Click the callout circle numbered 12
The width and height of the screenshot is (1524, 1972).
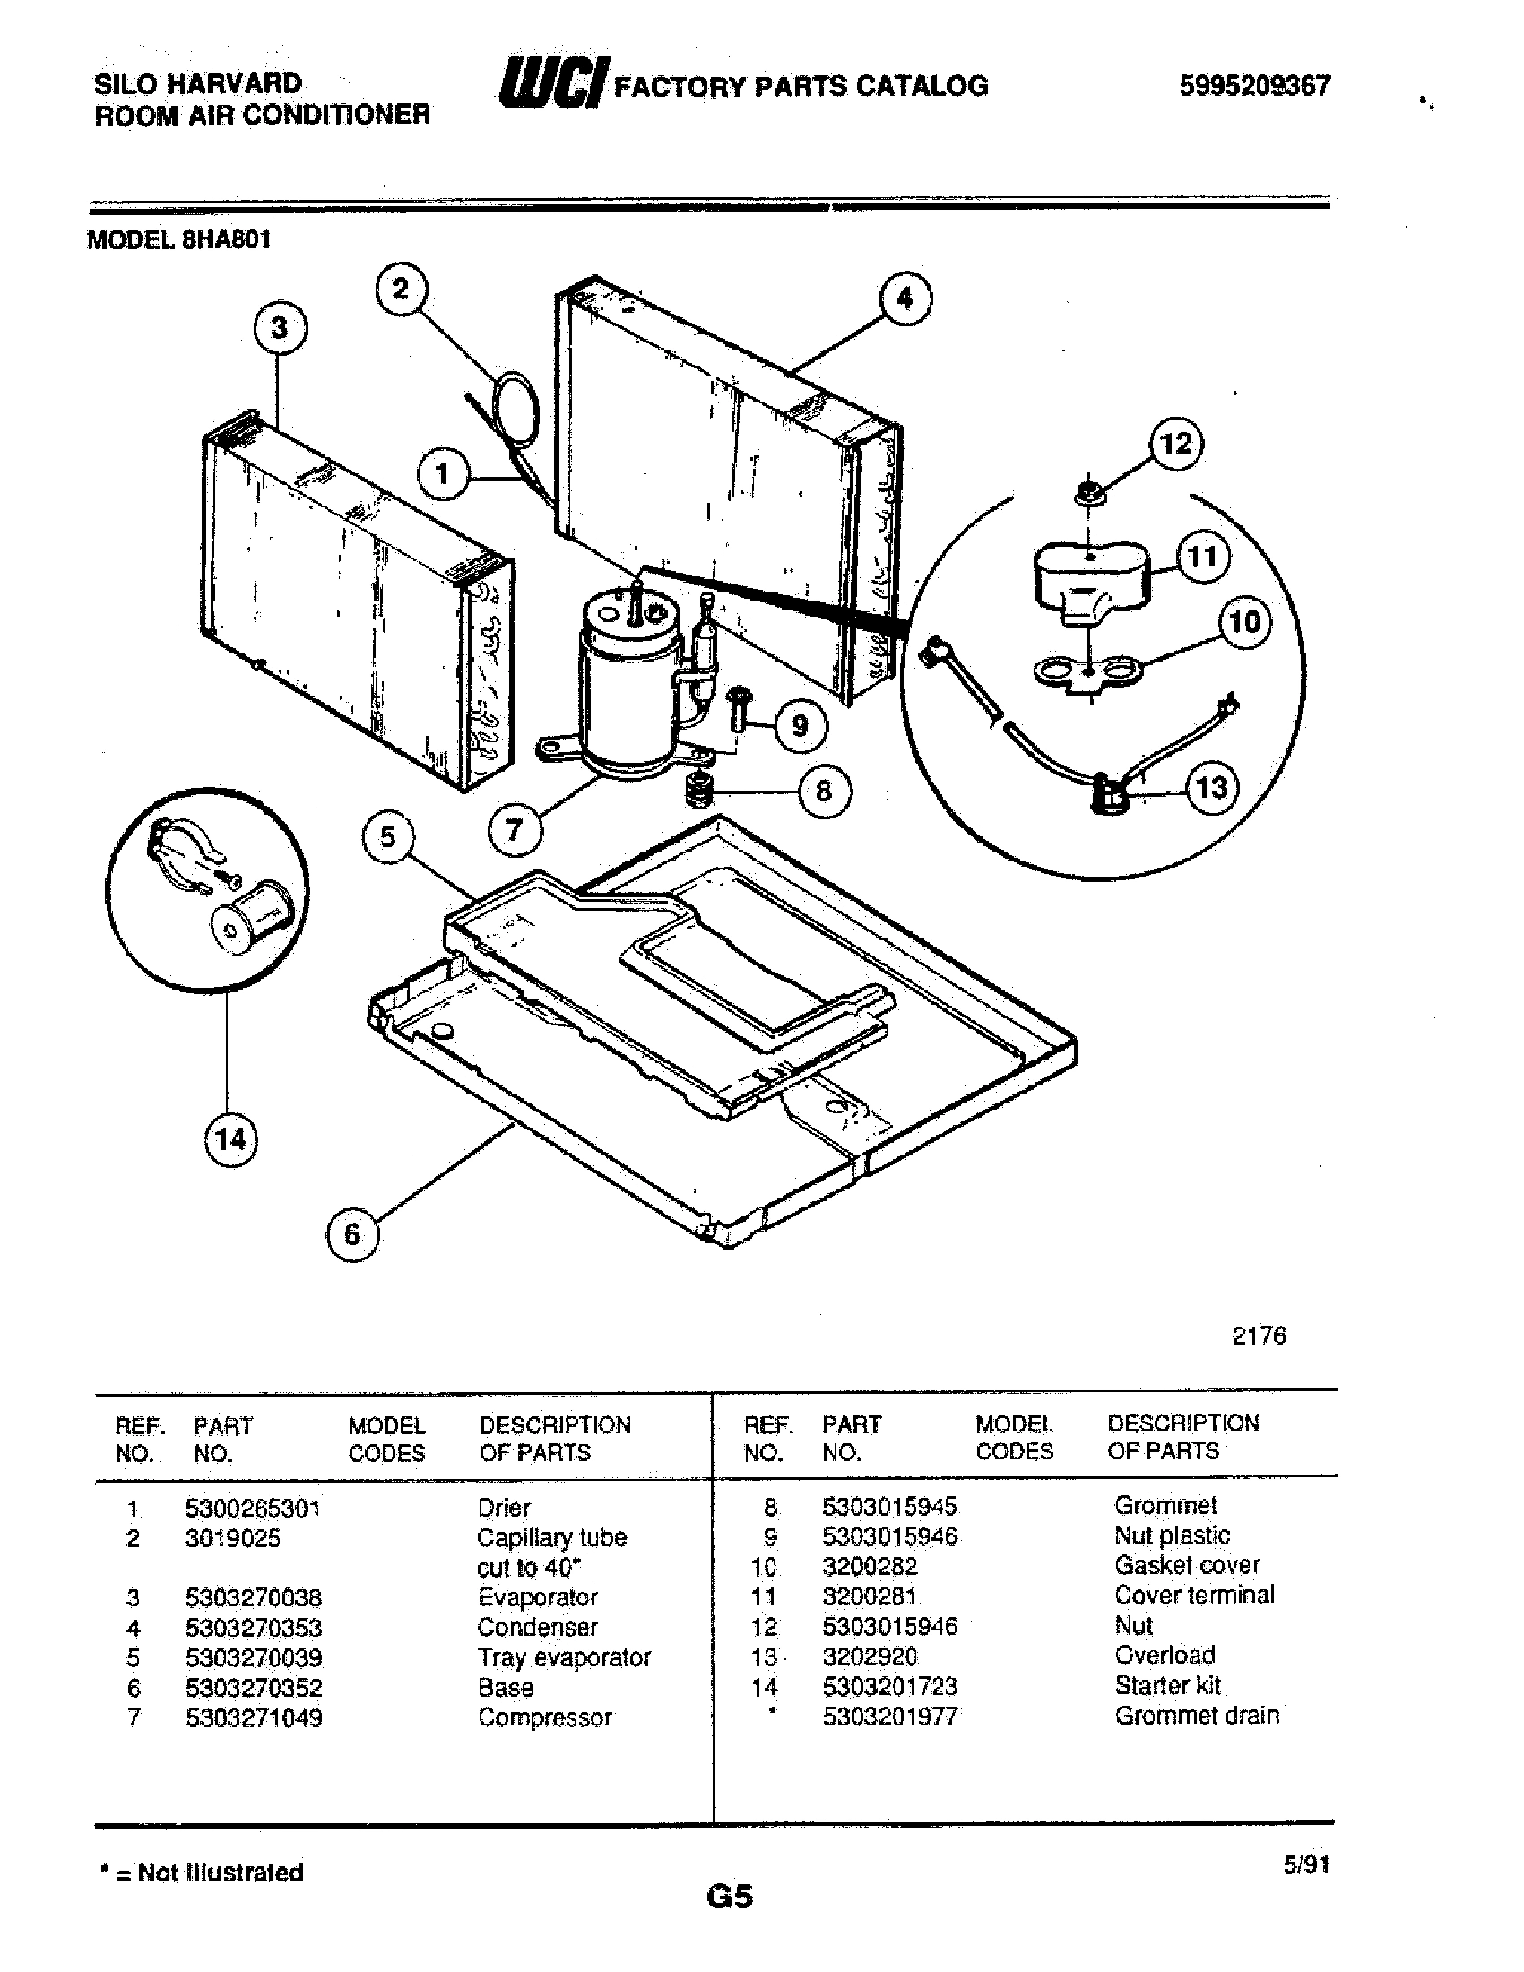[x=1175, y=444]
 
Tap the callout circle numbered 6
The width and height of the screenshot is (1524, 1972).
[x=352, y=1233]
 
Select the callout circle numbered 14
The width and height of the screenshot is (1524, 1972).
[x=229, y=1138]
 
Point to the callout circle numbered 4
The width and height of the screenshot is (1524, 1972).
[x=905, y=298]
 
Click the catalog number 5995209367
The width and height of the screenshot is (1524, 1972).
[x=1254, y=86]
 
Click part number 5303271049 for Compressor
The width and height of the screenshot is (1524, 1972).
[x=254, y=1717]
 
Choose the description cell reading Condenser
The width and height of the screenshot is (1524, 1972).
[x=537, y=1627]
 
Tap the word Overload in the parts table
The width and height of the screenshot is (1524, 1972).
[x=1165, y=1655]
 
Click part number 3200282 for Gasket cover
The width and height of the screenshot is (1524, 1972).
[x=870, y=1566]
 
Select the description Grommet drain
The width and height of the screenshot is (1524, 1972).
[x=1196, y=1716]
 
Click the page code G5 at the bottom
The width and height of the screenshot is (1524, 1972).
[x=730, y=1897]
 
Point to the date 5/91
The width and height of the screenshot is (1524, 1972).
[x=1305, y=1864]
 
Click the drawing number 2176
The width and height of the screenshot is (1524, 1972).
[x=1259, y=1336]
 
